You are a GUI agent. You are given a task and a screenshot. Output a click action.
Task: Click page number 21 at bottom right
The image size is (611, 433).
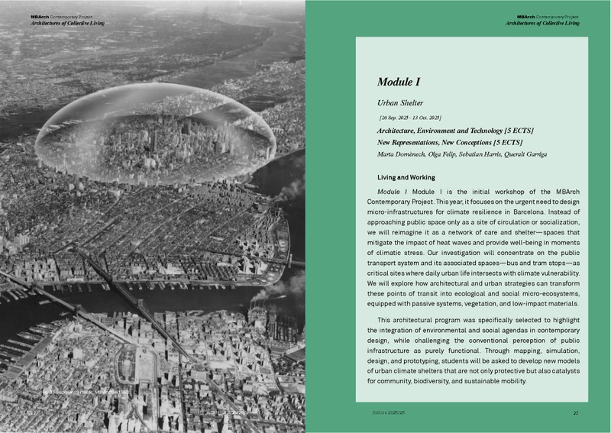(x=574, y=412)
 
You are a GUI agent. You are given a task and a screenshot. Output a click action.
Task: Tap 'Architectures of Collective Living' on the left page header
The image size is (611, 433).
(x=68, y=24)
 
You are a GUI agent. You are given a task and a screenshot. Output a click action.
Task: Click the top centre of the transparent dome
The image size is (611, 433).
(x=157, y=86)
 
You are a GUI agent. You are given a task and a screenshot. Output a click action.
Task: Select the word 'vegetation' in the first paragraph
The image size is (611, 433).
(x=476, y=303)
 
